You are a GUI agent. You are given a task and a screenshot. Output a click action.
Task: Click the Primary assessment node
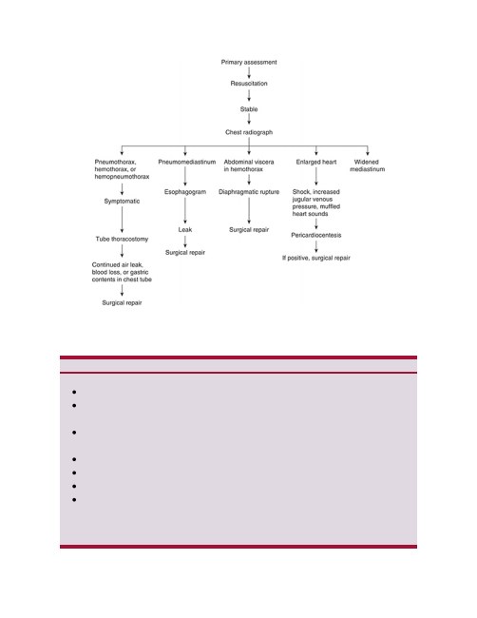[x=249, y=62]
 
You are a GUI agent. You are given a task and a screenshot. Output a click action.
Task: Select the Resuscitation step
[x=249, y=84]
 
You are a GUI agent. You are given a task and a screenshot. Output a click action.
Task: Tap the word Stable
[x=249, y=109]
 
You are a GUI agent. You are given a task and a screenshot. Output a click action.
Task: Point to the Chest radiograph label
[x=249, y=132]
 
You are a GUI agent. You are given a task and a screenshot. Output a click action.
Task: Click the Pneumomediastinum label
[x=186, y=162]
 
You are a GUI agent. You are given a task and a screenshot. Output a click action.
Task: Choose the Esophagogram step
[x=185, y=192]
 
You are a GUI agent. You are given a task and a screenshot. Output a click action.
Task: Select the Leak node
[x=185, y=230]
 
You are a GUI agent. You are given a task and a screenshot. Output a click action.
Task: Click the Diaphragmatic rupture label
[x=249, y=192]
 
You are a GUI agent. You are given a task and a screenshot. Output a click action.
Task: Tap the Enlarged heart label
[x=316, y=162]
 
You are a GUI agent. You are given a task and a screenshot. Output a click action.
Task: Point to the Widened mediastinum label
[x=367, y=165]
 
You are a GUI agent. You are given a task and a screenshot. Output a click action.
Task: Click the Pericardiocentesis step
[x=316, y=235]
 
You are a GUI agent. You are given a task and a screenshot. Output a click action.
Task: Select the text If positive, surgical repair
[x=316, y=259]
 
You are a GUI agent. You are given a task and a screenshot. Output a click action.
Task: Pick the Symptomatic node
[x=122, y=202]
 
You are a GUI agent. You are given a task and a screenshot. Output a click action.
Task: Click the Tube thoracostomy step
[x=122, y=240]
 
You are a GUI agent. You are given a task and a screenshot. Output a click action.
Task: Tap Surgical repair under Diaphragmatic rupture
[x=249, y=230]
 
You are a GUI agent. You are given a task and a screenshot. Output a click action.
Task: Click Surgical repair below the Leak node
[x=185, y=253]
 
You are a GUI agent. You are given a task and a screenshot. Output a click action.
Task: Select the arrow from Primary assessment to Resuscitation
[x=249, y=73]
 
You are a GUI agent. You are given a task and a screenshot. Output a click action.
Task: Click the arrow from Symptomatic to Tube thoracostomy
[x=123, y=220]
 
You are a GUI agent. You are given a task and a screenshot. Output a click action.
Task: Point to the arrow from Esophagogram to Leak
[x=185, y=210]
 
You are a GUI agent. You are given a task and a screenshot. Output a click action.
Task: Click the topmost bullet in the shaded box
[x=74, y=392]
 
